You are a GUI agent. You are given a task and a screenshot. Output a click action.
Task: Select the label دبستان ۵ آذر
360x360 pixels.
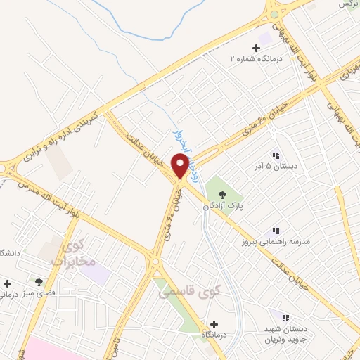pos(276,167)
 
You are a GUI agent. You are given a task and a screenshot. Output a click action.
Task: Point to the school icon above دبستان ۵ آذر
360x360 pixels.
pos(276,155)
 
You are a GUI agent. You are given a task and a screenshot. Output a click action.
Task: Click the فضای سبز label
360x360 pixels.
pos(39,293)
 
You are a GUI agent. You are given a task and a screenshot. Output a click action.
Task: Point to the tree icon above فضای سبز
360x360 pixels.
pos(39,281)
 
